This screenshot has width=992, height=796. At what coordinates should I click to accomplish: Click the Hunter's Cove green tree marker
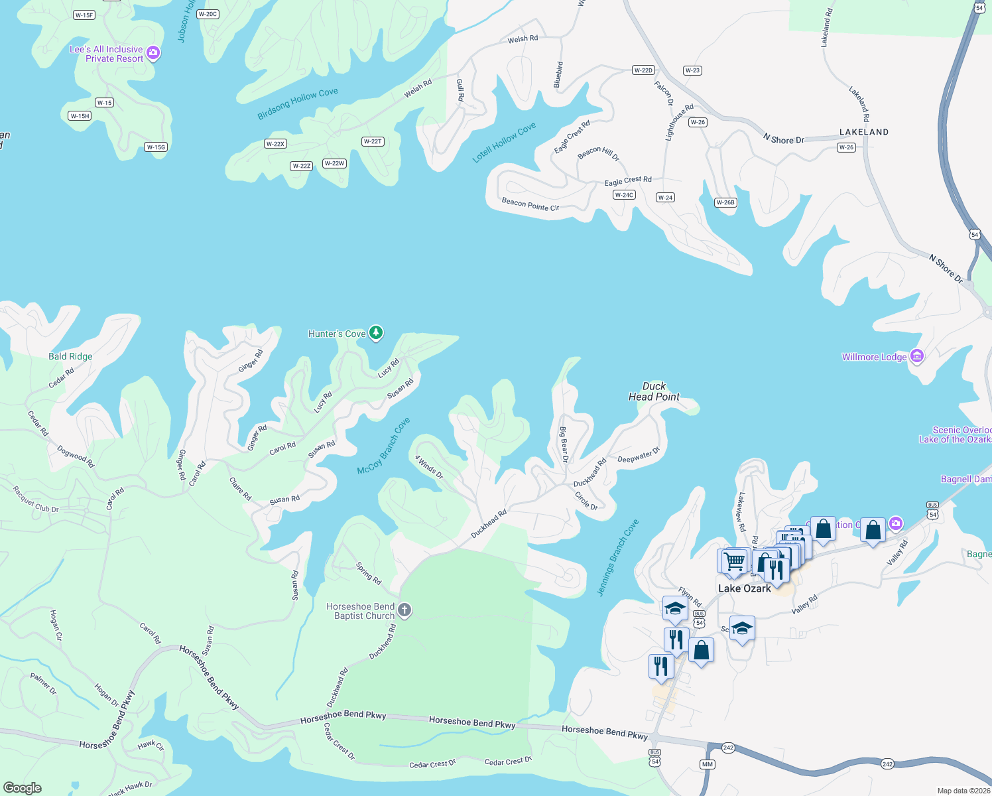point(376,332)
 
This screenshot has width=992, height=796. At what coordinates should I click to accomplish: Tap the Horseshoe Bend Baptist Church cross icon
point(404,610)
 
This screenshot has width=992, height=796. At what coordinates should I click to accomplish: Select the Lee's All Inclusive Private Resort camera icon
point(153,52)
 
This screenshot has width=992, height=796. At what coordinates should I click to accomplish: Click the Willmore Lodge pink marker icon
point(917,356)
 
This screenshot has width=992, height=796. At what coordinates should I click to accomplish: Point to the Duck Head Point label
point(654,391)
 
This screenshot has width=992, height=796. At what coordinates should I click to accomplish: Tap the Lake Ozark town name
point(744,588)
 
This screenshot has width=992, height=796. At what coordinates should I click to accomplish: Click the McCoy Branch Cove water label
point(384,446)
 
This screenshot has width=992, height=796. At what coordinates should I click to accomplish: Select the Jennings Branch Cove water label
point(618,558)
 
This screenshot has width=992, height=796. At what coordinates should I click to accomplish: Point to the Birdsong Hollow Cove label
point(298,104)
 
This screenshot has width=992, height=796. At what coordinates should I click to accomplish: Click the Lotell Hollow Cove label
point(504,143)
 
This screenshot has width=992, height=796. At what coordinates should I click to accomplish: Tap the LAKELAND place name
point(863,132)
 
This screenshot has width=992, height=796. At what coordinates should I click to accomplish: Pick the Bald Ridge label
point(70,356)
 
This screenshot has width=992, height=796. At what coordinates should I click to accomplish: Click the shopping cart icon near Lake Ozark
point(733,561)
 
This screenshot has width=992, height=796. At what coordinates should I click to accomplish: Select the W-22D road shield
point(643,70)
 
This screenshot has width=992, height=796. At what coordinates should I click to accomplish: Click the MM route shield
point(707,764)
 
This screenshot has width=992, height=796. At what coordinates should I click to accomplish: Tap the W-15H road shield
point(80,116)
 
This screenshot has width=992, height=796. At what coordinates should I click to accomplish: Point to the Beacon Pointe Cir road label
point(530,204)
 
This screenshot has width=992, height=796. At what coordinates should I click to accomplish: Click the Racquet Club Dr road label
point(36,499)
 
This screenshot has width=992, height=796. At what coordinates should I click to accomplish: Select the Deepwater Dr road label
point(639,456)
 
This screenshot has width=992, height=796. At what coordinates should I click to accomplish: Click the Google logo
point(23,787)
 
